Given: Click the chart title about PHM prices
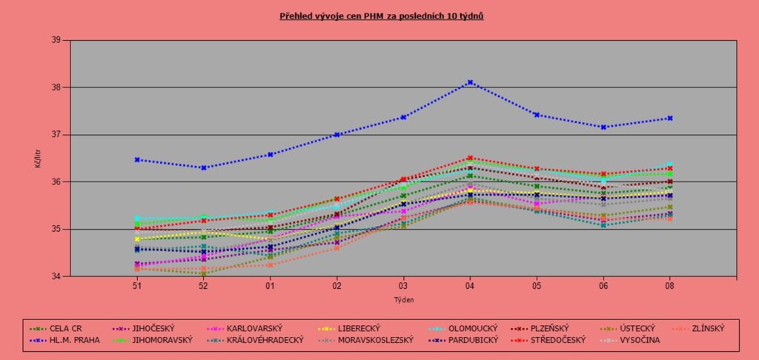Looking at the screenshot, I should coord(382,15).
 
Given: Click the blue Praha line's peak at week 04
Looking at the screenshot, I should coord(470,82).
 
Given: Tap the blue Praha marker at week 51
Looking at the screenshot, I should coord(137,159).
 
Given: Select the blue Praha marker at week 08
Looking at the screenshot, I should coord(670,118).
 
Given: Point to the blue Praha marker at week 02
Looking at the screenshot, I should coord(337,135).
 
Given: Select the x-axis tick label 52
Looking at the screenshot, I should coord(204,284).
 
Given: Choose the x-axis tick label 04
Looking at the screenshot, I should coord(470,284).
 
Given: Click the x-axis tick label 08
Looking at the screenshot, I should coord(670,284).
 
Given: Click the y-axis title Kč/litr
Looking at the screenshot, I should coord(38,158).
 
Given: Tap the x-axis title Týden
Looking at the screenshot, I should coord(403,300).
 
